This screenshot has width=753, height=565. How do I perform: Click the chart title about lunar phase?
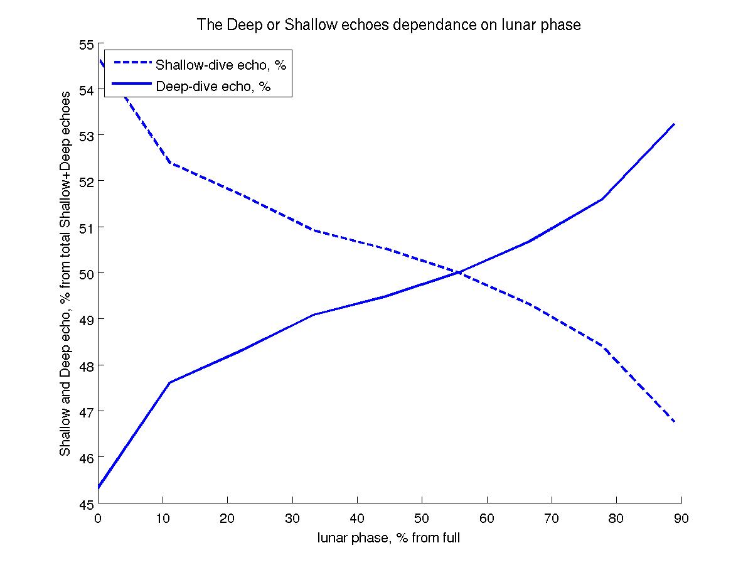click(x=389, y=26)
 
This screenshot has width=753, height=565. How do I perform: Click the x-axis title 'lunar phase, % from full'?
click(x=389, y=538)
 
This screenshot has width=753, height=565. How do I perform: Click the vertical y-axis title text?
click(x=65, y=274)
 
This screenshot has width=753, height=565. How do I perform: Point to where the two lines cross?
click(x=459, y=272)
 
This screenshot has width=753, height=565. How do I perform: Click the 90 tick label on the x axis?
click(x=681, y=518)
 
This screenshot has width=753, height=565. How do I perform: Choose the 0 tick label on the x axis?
click(x=99, y=518)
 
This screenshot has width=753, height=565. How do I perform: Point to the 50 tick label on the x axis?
click(x=422, y=518)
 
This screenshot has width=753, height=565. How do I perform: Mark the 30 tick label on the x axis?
click(x=292, y=518)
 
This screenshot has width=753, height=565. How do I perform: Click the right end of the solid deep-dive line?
click(x=674, y=124)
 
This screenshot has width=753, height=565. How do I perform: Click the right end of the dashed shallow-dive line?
click(x=674, y=422)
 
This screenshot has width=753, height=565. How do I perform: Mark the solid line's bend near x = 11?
click(x=170, y=382)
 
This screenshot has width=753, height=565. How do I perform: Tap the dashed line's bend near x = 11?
click(x=170, y=163)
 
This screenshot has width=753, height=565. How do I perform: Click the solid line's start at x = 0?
click(x=99, y=487)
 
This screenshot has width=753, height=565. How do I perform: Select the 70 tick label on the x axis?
click(x=552, y=518)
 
